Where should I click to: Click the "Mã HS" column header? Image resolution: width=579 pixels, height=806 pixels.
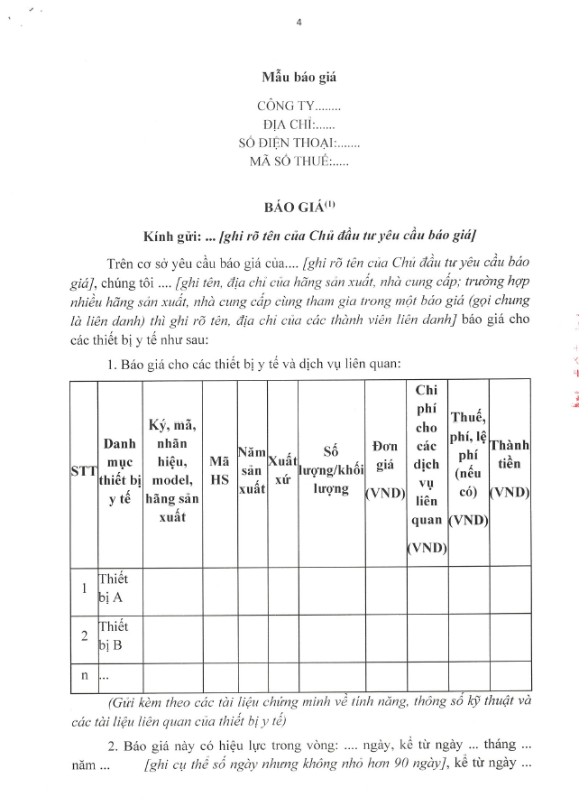point(219,472)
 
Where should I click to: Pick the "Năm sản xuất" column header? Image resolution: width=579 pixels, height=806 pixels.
point(252,472)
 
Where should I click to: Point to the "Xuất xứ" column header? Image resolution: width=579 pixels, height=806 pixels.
point(283,472)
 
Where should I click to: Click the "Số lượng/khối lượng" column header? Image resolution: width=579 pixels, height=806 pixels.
point(331,472)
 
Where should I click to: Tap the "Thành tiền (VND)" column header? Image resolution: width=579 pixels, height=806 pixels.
point(510,472)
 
